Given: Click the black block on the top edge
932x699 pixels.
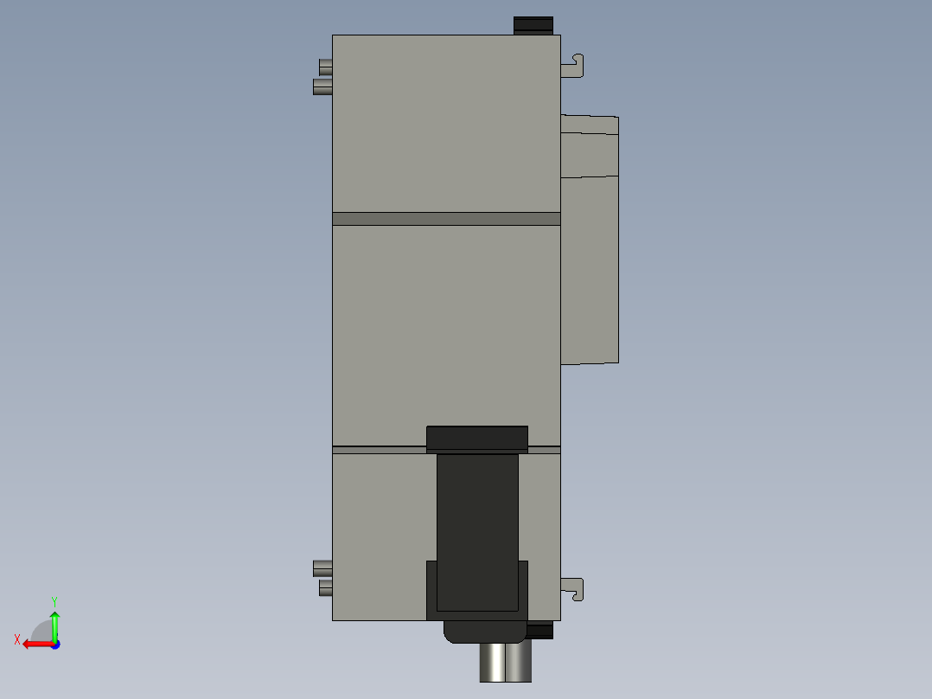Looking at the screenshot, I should (x=533, y=25).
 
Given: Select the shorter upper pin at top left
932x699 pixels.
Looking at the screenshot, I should (x=325, y=67).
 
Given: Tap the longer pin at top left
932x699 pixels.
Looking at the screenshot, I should (x=322, y=87).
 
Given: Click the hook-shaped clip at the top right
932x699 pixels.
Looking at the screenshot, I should (x=574, y=66).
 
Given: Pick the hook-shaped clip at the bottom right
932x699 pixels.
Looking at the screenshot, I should (x=574, y=589).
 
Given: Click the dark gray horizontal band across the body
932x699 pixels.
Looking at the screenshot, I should (x=446, y=219).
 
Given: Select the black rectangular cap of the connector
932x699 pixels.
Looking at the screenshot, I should (x=477, y=439).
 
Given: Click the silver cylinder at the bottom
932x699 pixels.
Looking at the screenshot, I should (x=506, y=663).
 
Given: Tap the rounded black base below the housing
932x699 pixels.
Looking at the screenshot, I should (x=484, y=632).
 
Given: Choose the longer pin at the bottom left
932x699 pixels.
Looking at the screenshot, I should (x=322, y=568).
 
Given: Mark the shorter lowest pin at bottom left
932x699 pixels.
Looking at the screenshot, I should (x=325, y=588).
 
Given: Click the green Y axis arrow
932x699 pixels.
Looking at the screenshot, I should (x=54, y=622).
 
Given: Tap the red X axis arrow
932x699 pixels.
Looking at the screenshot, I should (x=35, y=644).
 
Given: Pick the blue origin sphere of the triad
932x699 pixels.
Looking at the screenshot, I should (x=54, y=644).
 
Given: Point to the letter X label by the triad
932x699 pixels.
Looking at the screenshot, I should (x=17, y=640).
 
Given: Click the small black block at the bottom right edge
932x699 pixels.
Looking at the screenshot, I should (x=540, y=631).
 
